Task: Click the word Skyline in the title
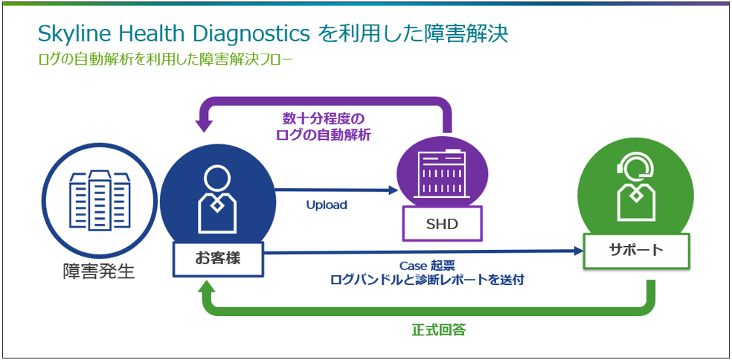click(68, 33)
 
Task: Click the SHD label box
click(442, 223)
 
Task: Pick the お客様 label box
click(218, 258)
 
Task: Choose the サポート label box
click(636, 250)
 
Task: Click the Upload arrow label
click(327, 205)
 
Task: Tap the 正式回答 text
click(439, 330)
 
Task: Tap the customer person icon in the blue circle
click(217, 198)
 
